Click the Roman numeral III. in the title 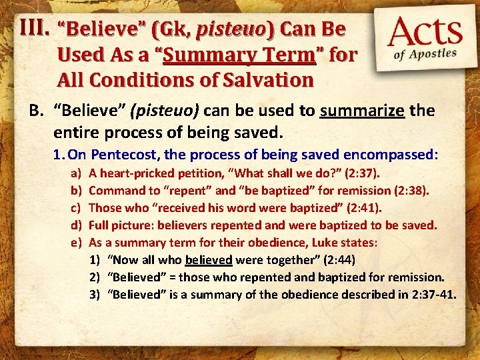pyautogui.click(x=34, y=27)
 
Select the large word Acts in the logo pyautogui.click(x=426, y=32)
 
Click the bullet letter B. pyautogui.click(x=37, y=109)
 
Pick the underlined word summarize pyautogui.click(x=362, y=109)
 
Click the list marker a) pyautogui.click(x=75, y=174)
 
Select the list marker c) pyautogui.click(x=75, y=208)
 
